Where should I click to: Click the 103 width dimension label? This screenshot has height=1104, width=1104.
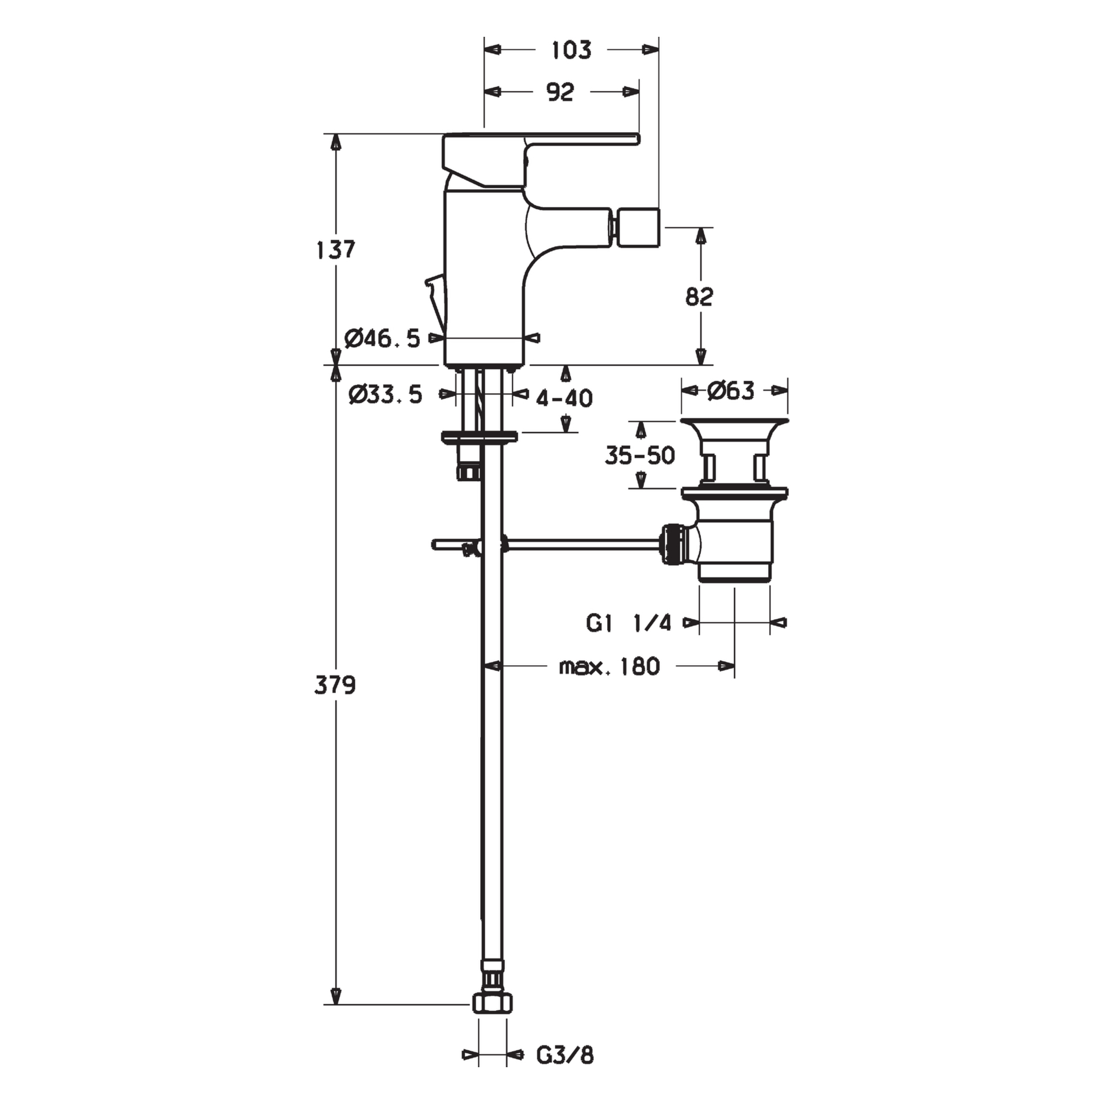pyautogui.click(x=571, y=51)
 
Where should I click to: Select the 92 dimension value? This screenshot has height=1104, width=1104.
pyautogui.click(x=560, y=92)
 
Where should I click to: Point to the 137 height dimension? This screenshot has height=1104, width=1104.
pyautogui.click(x=336, y=250)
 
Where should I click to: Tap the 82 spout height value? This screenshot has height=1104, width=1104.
pyautogui.click(x=699, y=297)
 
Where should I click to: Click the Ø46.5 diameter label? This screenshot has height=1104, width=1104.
pyautogui.click(x=382, y=339)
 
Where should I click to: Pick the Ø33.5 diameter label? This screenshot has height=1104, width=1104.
pyautogui.click(x=385, y=395)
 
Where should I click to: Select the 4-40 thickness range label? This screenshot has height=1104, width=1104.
pyautogui.click(x=565, y=398)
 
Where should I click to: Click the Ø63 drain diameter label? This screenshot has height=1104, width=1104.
pyautogui.click(x=730, y=391)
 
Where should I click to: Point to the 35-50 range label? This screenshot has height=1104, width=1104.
pyautogui.click(x=640, y=455)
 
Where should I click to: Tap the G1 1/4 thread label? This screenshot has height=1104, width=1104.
pyautogui.click(x=628, y=623)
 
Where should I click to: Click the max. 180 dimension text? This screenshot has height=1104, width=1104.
pyautogui.click(x=609, y=667)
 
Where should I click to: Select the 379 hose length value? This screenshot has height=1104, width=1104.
pyautogui.click(x=335, y=685)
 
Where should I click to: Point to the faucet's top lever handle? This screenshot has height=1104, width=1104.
pyautogui.click(x=540, y=160)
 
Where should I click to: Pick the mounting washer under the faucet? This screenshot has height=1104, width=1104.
pyautogui.click(x=479, y=437)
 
